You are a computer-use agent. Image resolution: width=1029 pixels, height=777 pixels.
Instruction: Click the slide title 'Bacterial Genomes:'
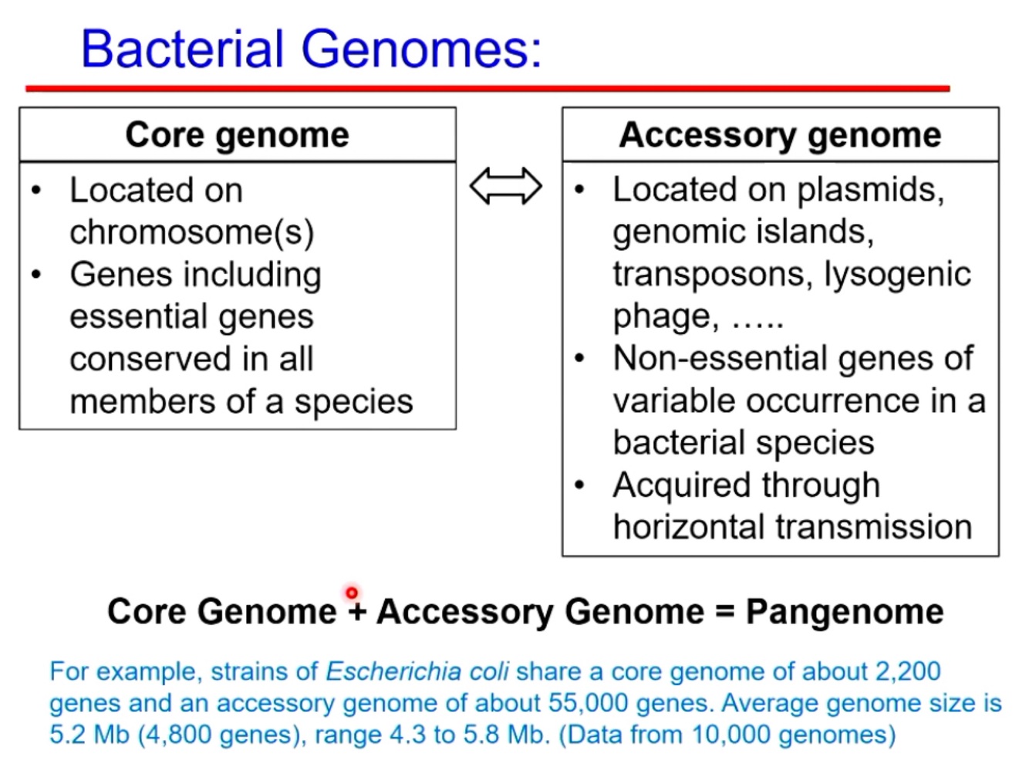tap(311, 49)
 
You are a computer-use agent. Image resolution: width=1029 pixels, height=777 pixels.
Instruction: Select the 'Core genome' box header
tap(237, 135)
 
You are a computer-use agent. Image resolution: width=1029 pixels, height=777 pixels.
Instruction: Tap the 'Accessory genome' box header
tap(780, 135)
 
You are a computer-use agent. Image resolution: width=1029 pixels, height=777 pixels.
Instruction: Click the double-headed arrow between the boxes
tap(506, 187)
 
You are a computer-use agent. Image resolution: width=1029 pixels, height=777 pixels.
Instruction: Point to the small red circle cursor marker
tap(352, 593)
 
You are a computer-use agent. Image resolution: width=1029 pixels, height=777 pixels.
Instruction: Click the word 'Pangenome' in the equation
tap(845, 612)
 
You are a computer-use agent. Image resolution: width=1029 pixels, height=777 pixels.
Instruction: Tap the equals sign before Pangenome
tap(724, 612)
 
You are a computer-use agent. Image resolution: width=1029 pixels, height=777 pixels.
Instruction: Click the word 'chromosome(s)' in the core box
tap(191, 232)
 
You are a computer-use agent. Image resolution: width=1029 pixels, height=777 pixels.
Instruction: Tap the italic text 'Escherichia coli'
tap(417, 671)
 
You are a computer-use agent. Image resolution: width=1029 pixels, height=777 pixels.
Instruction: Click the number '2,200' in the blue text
tap(908, 671)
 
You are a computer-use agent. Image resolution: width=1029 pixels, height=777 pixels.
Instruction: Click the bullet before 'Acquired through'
tap(580, 485)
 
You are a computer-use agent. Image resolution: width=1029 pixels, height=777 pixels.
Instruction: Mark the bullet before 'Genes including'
tap(36, 275)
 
